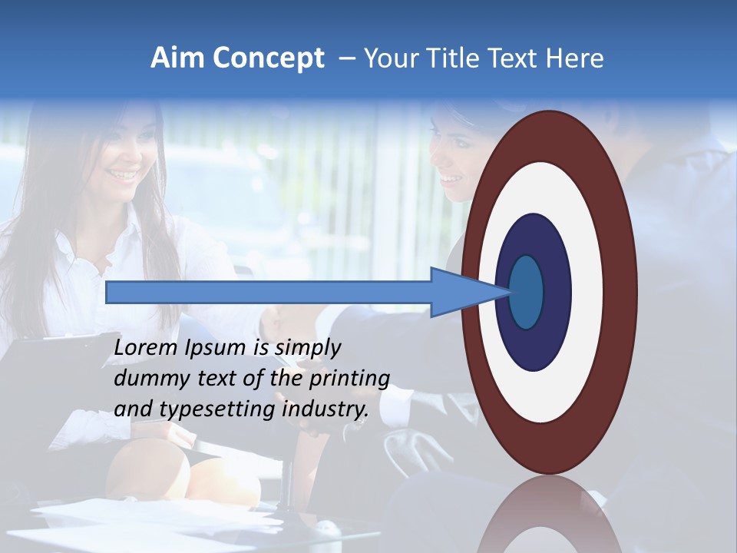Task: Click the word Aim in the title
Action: pyautogui.click(x=177, y=58)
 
